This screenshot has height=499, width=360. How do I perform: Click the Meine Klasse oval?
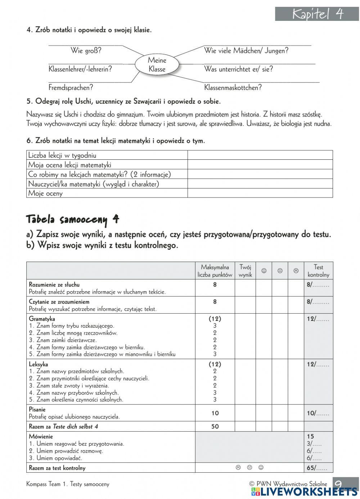pyautogui.click(x=157, y=65)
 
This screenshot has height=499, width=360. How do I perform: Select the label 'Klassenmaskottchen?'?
pyautogui.click(x=233, y=87)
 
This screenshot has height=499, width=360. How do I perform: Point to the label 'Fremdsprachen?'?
pyautogui.click(x=71, y=87)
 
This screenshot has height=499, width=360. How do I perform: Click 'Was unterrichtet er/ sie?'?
pyautogui.click(x=238, y=69)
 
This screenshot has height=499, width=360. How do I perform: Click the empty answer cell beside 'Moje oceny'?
pyautogui.click(x=260, y=193)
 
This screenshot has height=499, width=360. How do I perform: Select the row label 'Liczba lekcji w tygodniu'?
pyautogui.click(x=62, y=155)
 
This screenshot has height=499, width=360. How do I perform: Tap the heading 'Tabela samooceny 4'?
pyautogui.click(x=73, y=219)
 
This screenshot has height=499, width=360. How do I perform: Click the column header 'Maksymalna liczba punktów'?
pyautogui.click(x=215, y=271)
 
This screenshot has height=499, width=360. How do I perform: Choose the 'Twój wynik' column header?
pyautogui.click(x=245, y=271)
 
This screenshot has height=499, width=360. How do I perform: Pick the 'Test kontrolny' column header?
pyautogui.click(x=318, y=271)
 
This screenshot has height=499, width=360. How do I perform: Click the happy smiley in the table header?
pyautogui.click(x=264, y=271)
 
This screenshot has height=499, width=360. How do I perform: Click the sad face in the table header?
pyautogui.click(x=296, y=271)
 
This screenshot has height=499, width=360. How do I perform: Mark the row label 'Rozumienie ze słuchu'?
pyautogui.click(x=54, y=285)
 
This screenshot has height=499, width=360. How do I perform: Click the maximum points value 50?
pyautogui.click(x=215, y=427)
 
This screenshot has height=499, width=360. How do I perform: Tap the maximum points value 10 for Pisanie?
pyautogui.click(x=215, y=413)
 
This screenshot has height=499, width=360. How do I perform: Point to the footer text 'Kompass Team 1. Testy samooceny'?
pyautogui.click(x=68, y=484)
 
